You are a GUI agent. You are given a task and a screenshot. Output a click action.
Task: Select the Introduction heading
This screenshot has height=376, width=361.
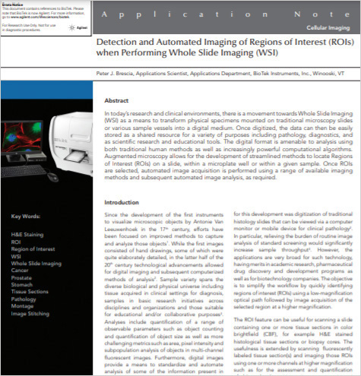122,204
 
